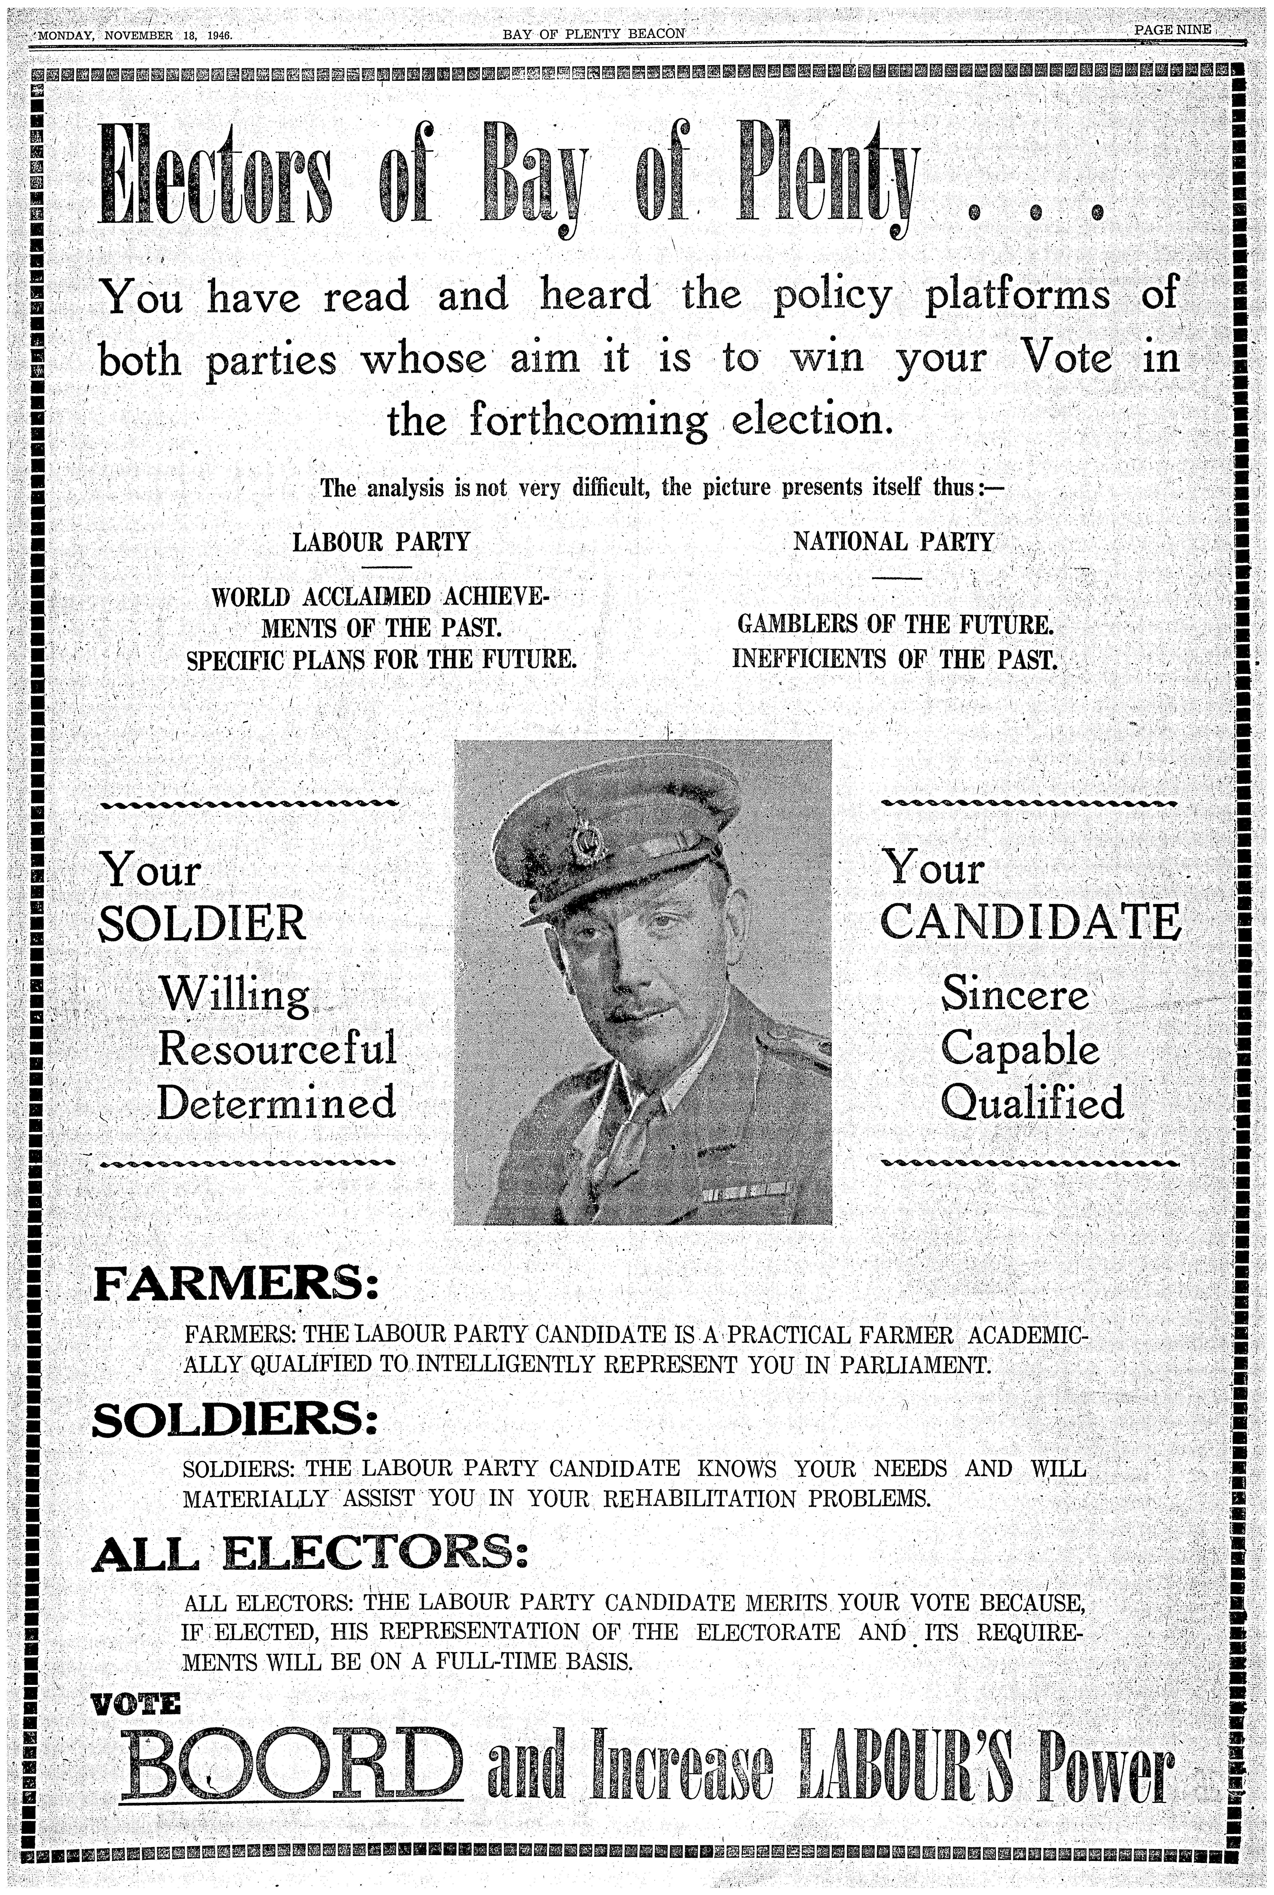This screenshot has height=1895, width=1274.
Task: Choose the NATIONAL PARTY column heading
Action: pos(894,541)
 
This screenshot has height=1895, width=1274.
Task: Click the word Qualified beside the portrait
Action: pos(1032,1103)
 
